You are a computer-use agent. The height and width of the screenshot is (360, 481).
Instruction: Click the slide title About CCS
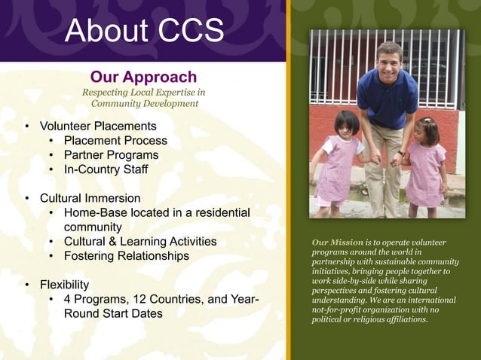coord(144,30)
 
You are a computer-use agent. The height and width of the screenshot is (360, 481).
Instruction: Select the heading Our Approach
coord(143,77)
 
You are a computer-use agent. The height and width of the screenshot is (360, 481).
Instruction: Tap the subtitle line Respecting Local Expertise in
coord(143,92)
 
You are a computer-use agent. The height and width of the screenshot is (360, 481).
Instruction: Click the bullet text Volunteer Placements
coord(98,126)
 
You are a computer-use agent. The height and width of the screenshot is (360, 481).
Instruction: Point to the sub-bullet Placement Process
coord(115,140)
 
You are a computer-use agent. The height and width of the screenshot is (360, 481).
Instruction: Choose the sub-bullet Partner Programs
coord(111,154)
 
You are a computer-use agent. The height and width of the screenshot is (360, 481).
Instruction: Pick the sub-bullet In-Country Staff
coord(106,169)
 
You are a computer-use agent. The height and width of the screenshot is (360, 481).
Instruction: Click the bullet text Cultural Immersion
coord(90,198)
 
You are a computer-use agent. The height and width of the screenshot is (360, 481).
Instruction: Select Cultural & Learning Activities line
coord(140,242)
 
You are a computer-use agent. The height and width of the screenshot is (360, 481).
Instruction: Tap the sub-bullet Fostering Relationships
coord(127,256)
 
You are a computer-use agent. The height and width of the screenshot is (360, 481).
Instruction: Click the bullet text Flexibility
coord(64,285)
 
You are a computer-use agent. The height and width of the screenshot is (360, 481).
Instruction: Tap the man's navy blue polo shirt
coord(386,98)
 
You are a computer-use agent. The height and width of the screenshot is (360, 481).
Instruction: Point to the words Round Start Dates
coord(113,313)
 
